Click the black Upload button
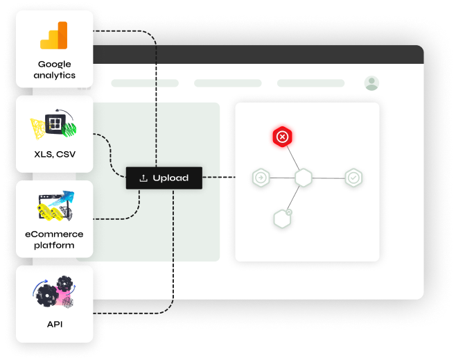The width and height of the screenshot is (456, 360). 164,178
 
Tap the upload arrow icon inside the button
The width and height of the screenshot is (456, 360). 143,178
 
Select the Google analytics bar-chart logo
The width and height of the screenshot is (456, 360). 54,35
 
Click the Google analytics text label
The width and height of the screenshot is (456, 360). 55,69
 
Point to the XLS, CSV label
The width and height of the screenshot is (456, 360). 55,154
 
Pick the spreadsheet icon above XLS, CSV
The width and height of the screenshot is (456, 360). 54,126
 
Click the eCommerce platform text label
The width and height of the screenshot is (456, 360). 55,239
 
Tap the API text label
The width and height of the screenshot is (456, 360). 55,323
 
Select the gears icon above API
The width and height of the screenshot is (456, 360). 55,293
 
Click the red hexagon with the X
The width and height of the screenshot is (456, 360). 282,137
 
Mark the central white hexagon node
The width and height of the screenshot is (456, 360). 304,178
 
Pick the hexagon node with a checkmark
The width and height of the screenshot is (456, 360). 354,178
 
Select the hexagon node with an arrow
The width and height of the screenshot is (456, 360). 261,178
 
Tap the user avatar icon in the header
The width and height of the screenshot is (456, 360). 372,83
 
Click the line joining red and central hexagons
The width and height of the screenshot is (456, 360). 292,157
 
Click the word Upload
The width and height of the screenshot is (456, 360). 170,178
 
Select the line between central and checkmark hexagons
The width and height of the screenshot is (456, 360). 328,178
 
